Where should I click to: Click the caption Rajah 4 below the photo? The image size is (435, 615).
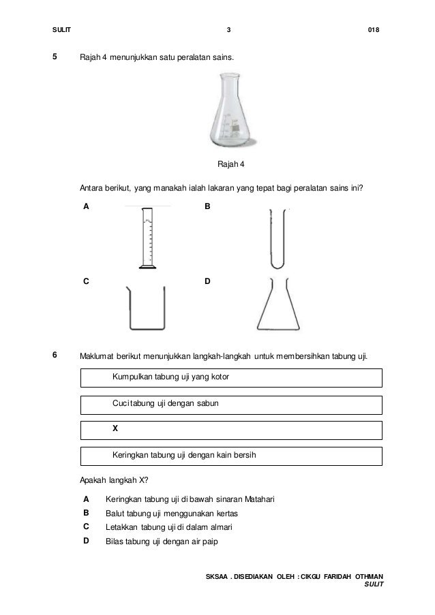[x=231, y=164]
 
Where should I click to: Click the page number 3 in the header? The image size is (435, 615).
[x=228, y=30]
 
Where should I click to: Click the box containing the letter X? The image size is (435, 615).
[x=231, y=430]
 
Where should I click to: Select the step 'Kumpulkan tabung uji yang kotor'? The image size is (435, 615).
[x=171, y=377]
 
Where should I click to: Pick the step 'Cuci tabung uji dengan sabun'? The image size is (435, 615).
[x=166, y=403]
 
